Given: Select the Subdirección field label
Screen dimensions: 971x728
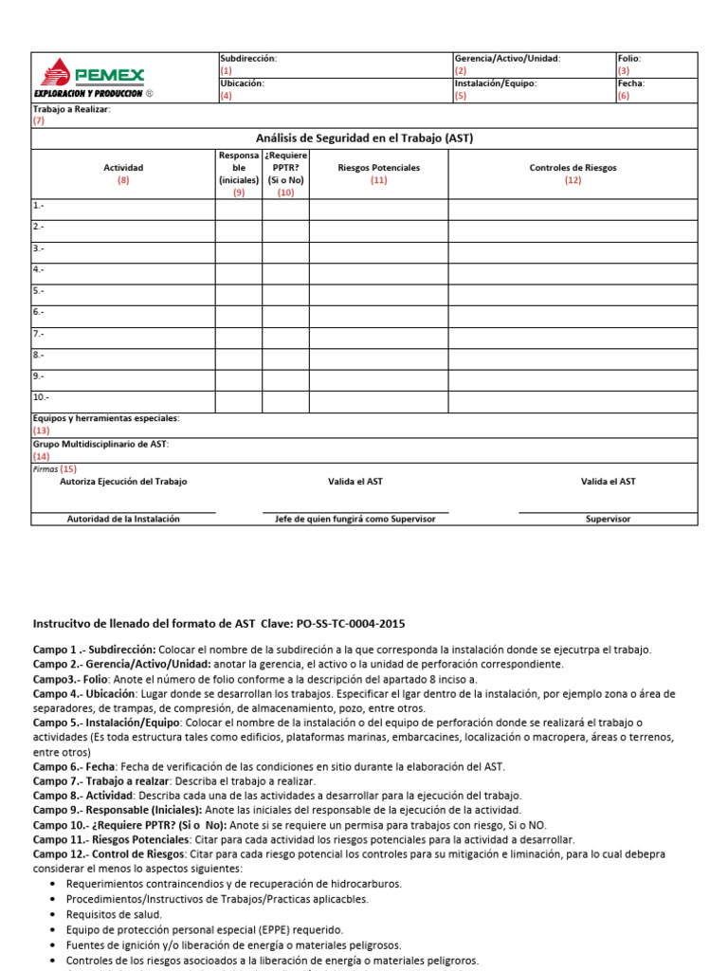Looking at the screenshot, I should point(247,58).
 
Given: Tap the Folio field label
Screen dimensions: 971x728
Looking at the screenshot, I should point(629,58).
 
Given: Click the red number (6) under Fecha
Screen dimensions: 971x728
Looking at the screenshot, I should point(623,96).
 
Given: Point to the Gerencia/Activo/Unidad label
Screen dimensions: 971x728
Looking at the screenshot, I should point(507,58).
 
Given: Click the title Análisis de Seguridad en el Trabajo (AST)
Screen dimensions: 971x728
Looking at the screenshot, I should point(364,138).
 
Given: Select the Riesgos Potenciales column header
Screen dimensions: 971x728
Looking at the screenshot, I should point(378,168).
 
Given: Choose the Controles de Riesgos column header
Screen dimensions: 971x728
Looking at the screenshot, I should point(573,168).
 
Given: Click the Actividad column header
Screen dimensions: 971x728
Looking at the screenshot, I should point(123,168).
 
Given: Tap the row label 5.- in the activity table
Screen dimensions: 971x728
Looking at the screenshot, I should point(39,291).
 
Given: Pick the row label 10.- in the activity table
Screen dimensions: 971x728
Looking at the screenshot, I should point(41,397).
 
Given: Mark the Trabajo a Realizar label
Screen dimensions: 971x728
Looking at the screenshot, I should point(71,109).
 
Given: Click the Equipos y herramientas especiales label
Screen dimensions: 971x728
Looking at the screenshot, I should point(106,418).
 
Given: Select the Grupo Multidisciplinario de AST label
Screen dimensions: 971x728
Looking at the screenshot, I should point(100,444).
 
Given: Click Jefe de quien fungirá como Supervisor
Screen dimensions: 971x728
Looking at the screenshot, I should point(355,519).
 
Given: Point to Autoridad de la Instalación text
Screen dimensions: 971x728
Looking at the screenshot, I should point(123,519).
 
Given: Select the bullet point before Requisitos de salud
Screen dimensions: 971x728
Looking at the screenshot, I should point(51,915).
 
